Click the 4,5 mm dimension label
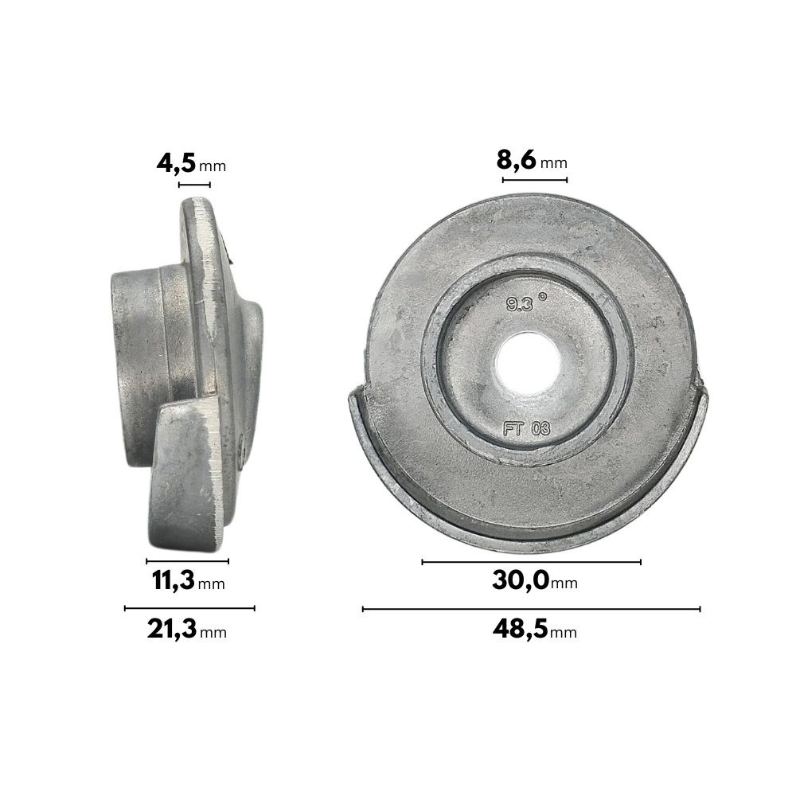pyautogui.click(x=191, y=164)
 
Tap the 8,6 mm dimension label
pyautogui.click(x=532, y=161)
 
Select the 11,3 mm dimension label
pyautogui.click(x=188, y=580)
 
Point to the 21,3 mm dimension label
pyautogui.click(x=187, y=630)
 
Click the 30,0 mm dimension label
pyautogui.click(x=535, y=579)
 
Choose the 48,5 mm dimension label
pyautogui.click(x=535, y=630)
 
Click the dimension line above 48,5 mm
pyautogui.click(x=532, y=609)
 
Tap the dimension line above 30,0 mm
pyautogui.click(x=532, y=562)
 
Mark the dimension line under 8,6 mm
pyautogui.click(x=535, y=180)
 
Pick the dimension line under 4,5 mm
pyautogui.click(x=194, y=185)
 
